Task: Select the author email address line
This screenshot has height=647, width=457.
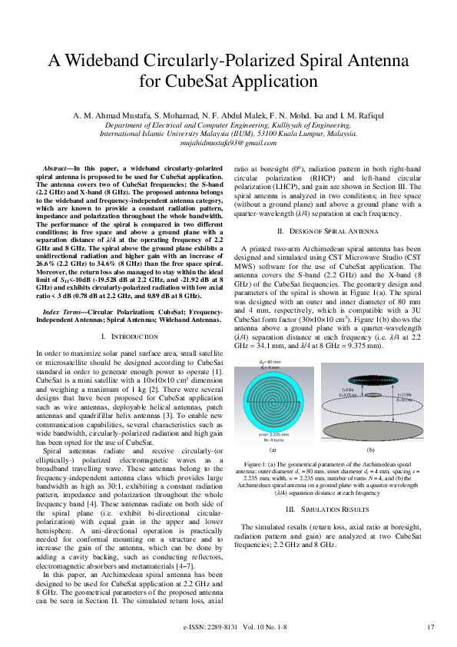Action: [228, 144]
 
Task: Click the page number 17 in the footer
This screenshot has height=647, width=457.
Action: [430, 628]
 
